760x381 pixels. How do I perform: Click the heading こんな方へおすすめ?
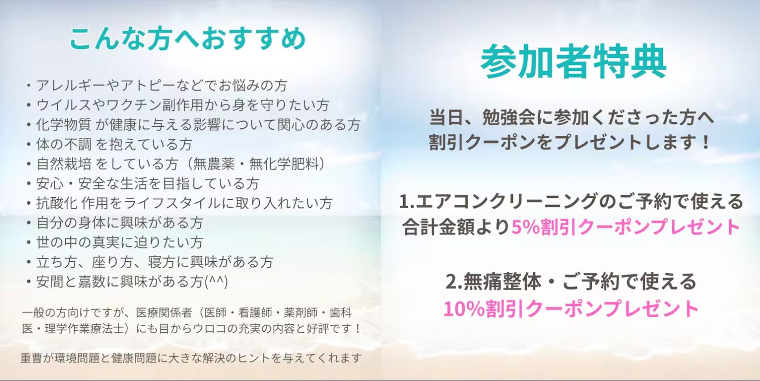click(187, 39)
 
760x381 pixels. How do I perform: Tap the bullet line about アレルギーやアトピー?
click(158, 85)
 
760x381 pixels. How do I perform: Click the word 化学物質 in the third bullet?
click(63, 125)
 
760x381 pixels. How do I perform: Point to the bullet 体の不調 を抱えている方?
click(109, 144)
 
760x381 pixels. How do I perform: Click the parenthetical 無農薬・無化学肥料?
click(259, 164)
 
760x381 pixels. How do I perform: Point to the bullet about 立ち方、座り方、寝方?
click(150, 262)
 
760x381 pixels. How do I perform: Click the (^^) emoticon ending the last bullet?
click(216, 282)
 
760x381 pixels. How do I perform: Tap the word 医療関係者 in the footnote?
click(164, 313)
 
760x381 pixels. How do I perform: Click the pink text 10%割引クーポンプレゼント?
click(571, 309)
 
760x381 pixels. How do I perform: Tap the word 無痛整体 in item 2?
click(502, 282)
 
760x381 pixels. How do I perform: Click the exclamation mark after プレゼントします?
click(706, 142)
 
